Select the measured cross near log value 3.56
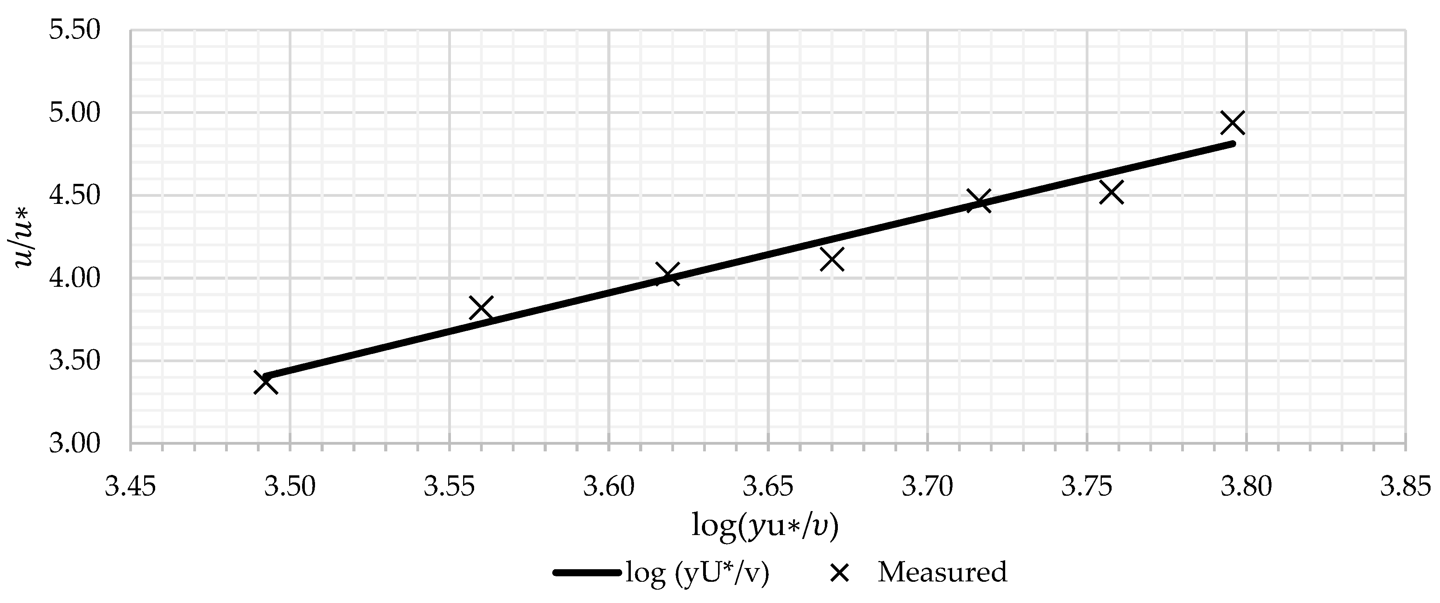coord(481,308)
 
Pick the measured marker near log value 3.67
coord(832,259)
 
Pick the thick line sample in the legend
coord(587,572)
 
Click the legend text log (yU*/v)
coord(698,573)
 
